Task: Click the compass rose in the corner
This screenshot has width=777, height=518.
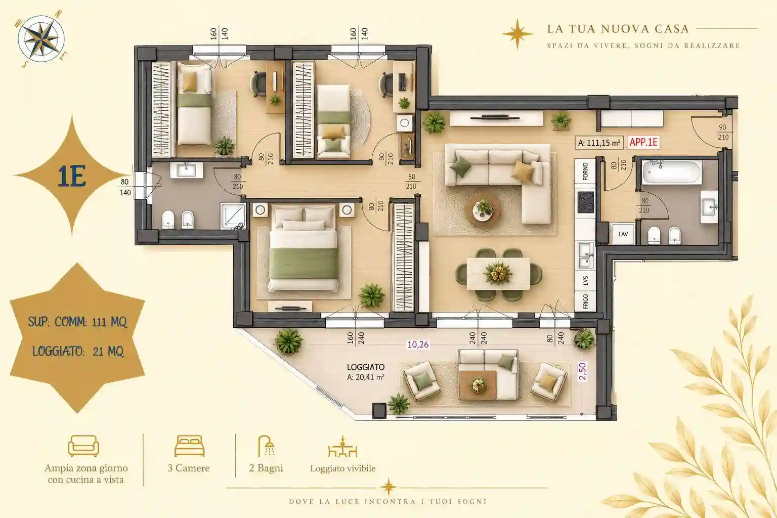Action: coord(41,39)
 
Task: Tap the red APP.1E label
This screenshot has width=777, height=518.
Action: coord(643,142)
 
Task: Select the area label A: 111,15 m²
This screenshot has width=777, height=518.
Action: coord(599,143)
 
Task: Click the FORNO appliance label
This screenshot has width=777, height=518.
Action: coord(585,171)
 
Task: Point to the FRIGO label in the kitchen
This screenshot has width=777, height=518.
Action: coord(585,301)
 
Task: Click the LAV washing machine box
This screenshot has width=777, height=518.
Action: coord(623,234)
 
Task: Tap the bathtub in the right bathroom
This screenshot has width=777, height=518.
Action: coord(672,172)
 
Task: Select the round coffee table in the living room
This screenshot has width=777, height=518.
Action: coord(483,209)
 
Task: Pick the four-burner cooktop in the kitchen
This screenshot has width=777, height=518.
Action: coord(585,202)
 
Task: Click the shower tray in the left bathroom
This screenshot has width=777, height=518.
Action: coord(233,216)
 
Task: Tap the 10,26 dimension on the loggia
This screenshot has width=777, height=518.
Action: coord(418,344)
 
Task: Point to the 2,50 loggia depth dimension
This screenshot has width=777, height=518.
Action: coord(582,372)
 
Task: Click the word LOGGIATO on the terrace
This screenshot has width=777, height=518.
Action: coord(366,367)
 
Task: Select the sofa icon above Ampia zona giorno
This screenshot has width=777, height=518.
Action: coord(83,446)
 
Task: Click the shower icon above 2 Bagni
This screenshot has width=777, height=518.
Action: coord(267,446)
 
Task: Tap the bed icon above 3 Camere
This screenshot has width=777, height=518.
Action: coord(189,446)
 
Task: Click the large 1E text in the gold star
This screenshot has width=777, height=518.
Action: coord(72,177)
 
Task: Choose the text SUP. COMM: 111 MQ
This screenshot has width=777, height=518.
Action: coord(77,322)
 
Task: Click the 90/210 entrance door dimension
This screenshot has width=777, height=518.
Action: coord(723,132)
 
